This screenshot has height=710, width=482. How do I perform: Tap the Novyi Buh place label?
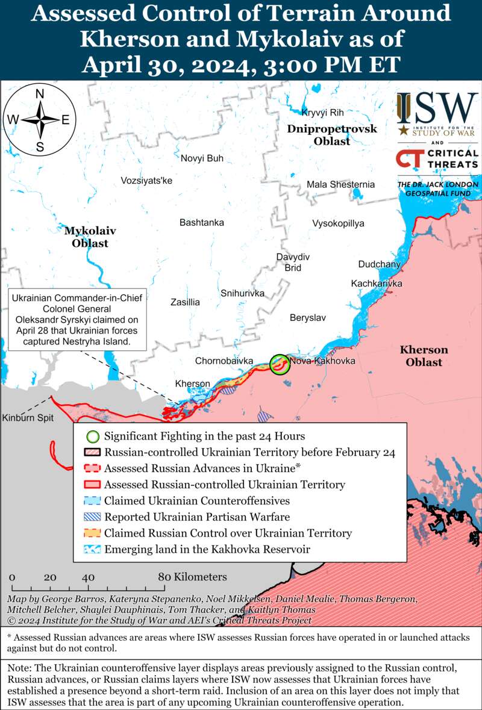pos(202,158)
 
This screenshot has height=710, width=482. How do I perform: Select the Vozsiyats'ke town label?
pos(146,181)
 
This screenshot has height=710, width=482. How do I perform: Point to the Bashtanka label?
pos(202,222)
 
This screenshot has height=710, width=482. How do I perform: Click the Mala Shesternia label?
pos(340,184)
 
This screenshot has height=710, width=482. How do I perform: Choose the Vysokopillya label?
pos(338,223)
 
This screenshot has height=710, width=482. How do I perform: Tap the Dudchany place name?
pos(379,264)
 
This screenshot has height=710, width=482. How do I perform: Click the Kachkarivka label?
pos(377,283)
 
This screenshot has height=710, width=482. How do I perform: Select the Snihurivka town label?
pos(242,293)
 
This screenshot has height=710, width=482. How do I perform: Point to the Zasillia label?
pos(185,302)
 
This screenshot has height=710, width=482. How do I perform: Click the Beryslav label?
pos(307,317)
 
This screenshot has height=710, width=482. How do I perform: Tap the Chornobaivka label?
pos(224,361)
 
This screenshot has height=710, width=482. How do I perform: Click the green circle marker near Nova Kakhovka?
pos(279,364)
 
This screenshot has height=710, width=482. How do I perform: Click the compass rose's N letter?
pos(40,94)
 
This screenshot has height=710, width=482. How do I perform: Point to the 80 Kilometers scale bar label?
pos(193,577)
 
